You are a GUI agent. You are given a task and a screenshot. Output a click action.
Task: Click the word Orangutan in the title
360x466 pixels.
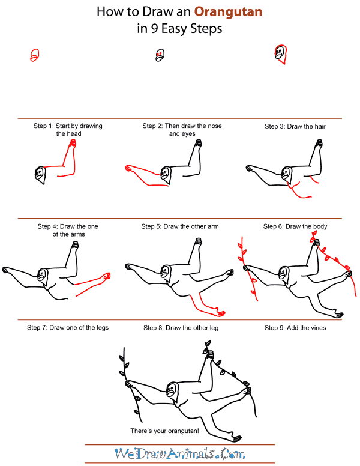[228, 12]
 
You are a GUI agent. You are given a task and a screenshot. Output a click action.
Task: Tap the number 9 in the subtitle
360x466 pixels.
[154, 29]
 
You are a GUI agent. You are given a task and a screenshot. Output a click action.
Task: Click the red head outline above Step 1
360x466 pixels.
[34, 55]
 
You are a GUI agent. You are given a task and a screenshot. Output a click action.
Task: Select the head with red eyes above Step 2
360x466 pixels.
[160, 55]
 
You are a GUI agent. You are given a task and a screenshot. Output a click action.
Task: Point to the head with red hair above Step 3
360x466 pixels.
[281, 54]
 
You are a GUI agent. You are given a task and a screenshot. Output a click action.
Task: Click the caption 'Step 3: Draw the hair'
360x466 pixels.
[295, 126]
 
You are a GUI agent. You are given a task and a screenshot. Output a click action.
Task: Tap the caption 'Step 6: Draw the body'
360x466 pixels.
[295, 226]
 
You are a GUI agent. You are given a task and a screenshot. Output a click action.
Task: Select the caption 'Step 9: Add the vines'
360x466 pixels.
[295, 328]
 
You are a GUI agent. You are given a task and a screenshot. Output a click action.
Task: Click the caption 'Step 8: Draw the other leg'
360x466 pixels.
[181, 328]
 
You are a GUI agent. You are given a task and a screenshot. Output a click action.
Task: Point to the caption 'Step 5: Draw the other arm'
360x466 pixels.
[180, 226]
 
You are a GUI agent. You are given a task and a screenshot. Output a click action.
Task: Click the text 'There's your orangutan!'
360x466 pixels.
[164, 431]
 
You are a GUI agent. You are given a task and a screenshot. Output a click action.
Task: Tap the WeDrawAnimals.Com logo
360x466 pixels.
[180, 454]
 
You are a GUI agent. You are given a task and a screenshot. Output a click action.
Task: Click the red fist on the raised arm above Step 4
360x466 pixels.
[73, 144]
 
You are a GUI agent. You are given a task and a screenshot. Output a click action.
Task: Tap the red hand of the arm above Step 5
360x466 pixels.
[128, 168]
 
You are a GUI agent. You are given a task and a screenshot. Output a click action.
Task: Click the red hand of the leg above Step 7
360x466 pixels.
[106, 276]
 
